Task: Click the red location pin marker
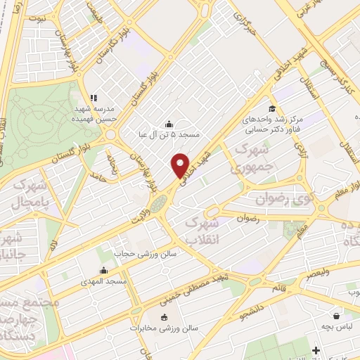click(181, 165)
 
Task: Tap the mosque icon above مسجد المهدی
click(104, 270)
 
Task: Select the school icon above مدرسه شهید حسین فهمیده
click(93, 98)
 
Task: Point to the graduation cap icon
click(250, 110)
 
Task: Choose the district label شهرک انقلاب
click(202, 229)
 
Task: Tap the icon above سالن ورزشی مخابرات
click(164, 316)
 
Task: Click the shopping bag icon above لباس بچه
click(337, 316)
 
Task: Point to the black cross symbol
click(316, 349)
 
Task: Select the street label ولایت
click(140, 209)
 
